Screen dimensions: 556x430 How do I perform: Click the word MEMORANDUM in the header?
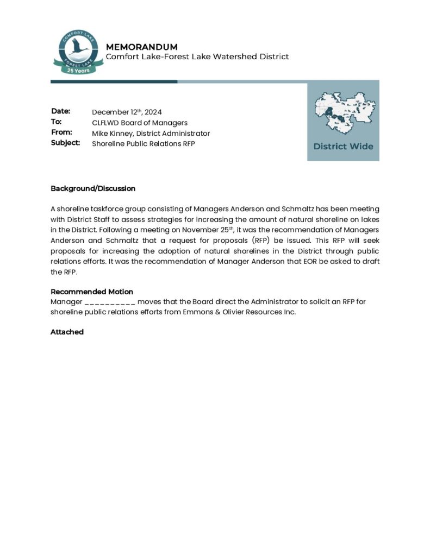click(141, 47)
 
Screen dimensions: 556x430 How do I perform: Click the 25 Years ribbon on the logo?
click(78, 70)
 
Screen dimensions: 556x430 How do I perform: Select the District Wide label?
click(343, 146)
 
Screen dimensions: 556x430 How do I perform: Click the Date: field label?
click(61, 111)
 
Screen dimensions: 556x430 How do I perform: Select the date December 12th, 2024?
click(127, 112)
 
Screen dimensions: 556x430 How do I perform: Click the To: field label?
click(57, 122)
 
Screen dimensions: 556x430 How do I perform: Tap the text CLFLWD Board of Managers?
click(140, 123)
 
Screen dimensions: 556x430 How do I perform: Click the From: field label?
click(61, 132)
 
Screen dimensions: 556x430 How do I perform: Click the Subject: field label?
click(65, 142)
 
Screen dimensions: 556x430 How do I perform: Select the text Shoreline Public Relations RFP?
click(143, 143)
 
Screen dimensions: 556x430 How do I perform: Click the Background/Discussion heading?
click(93, 188)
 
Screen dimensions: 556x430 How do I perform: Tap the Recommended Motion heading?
click(92, 292)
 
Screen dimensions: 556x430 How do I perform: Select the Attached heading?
click(67, 332)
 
